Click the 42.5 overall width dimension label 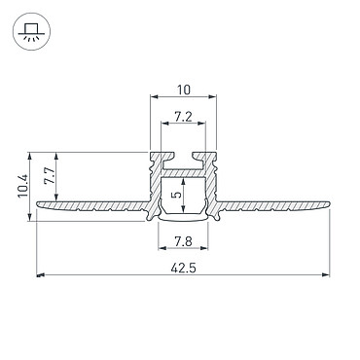pyautogui.click(x=183, y=269)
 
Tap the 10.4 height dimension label pyautogui.click(x=23, y=187)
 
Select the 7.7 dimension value pyautogui.click(x=50, y=176)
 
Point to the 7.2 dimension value pyautogui.click(x=183, y=117)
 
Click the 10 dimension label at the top pyautogui.click(x=184, y=90)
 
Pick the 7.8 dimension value pyautogui.click(x=183, y=241)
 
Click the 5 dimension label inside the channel pyautogui.click(x=177, y=195)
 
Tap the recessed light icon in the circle pyautogui.click(x=31, y=32)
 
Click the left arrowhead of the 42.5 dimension pyautogui.click(x=40, y=275)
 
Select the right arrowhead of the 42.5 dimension pyautogui.click(x=326, y=275)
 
